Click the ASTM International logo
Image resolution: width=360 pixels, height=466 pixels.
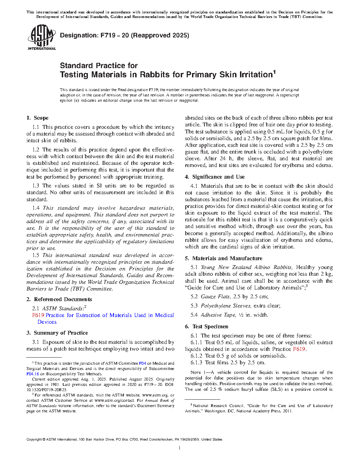41,37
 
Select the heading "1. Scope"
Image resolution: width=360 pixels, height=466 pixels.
37,118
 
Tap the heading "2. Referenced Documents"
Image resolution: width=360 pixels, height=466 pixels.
59,299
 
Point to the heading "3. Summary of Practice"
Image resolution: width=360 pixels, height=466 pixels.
57,333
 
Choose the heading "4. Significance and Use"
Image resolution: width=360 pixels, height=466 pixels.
215,177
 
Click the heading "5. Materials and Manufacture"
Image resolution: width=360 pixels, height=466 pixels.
223,258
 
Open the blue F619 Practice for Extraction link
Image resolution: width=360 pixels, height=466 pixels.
103,315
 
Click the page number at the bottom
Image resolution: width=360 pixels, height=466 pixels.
180,448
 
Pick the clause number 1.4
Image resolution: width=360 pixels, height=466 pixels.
36,208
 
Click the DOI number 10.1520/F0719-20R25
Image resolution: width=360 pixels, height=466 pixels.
46,390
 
